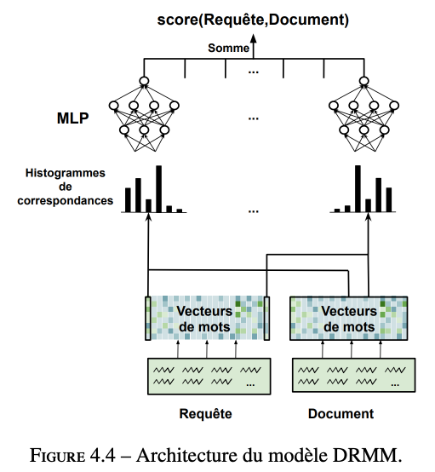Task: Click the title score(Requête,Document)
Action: pos(253,20)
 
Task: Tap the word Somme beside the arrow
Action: pos(229,49)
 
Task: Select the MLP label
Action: pos(73,118)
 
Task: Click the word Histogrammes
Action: pos(66,173)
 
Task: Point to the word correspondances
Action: pos(66,201)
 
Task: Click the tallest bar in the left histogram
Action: pos(159,189)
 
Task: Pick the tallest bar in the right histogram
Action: pos(358,188)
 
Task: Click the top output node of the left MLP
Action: pos(144,81)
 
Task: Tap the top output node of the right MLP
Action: pos(364,81)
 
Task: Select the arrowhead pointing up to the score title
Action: pos(254,38)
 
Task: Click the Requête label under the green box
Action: pos(205,414)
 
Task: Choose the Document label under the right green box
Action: pos(341,414)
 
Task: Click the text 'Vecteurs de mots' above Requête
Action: pos(204,319)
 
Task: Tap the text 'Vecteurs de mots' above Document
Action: pos(349,319)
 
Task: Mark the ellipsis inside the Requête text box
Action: pos(250,384)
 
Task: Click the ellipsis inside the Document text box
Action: pos(395,384)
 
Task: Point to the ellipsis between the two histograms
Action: pos(254,211)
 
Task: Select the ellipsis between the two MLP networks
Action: pos(254,118)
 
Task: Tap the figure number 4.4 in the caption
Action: pos(103,456)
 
